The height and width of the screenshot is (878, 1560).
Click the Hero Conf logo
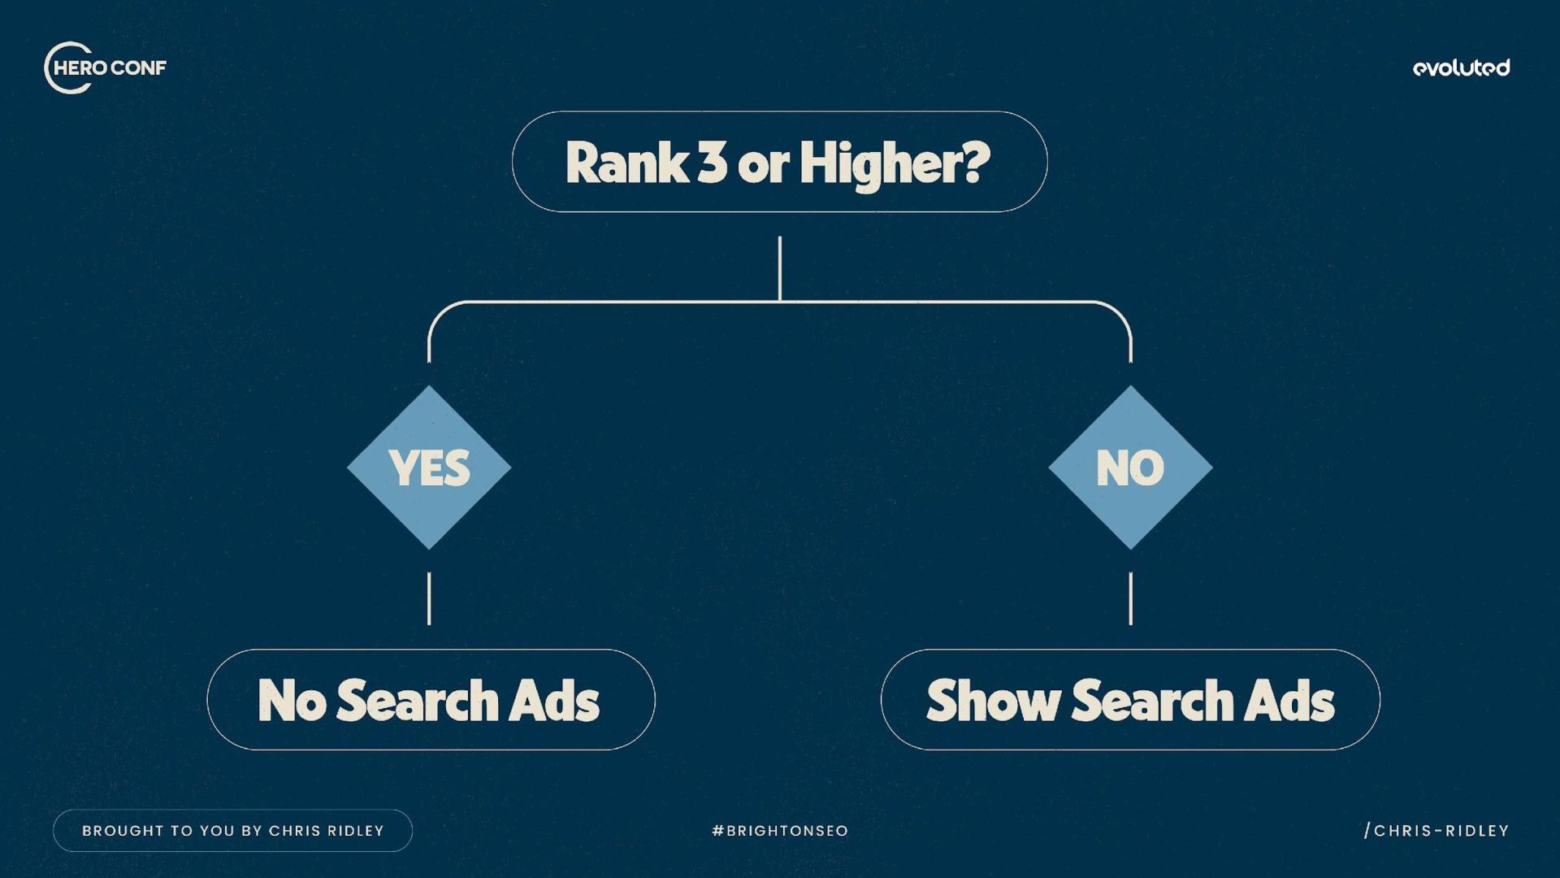click(105, 67)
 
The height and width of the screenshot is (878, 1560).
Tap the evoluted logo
click(1461, 68)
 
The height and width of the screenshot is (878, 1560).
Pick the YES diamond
click(429, 467)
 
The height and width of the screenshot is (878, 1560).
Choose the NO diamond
click(1130, 467)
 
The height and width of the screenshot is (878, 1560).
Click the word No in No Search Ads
click(292, 700)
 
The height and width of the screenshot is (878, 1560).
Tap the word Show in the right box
click(993, 700)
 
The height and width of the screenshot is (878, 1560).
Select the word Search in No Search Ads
click(418, 700)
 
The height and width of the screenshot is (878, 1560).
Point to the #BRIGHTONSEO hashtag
click(780, 831)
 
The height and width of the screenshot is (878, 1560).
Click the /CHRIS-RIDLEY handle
click(1436, 831)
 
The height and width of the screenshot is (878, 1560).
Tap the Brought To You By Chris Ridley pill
click(232, 831)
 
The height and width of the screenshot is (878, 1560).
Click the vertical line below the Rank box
click(780, 268)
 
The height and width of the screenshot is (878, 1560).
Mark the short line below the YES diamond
click(429, 598)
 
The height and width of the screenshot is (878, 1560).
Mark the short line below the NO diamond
click(1130, 598)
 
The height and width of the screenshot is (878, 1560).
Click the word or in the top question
click(763, 164)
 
